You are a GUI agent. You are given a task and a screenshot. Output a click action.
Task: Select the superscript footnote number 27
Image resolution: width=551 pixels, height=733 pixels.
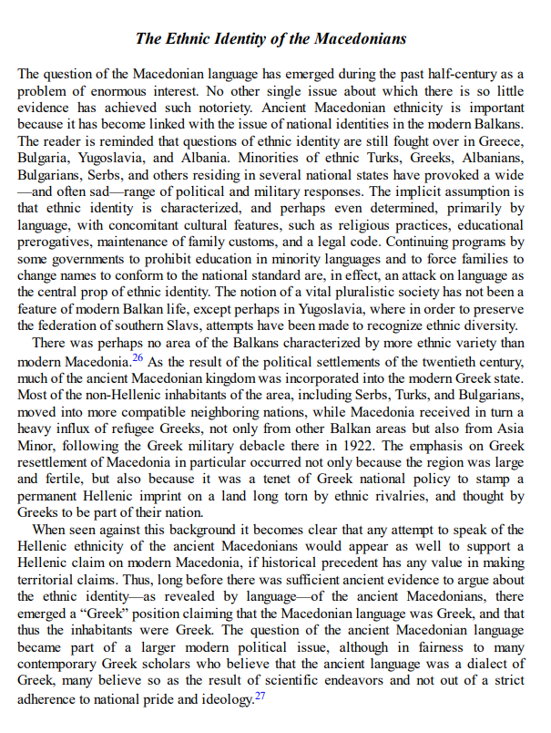click(260, 694)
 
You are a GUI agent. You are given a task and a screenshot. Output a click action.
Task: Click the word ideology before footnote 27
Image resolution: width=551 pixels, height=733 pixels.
click(223, 699)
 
